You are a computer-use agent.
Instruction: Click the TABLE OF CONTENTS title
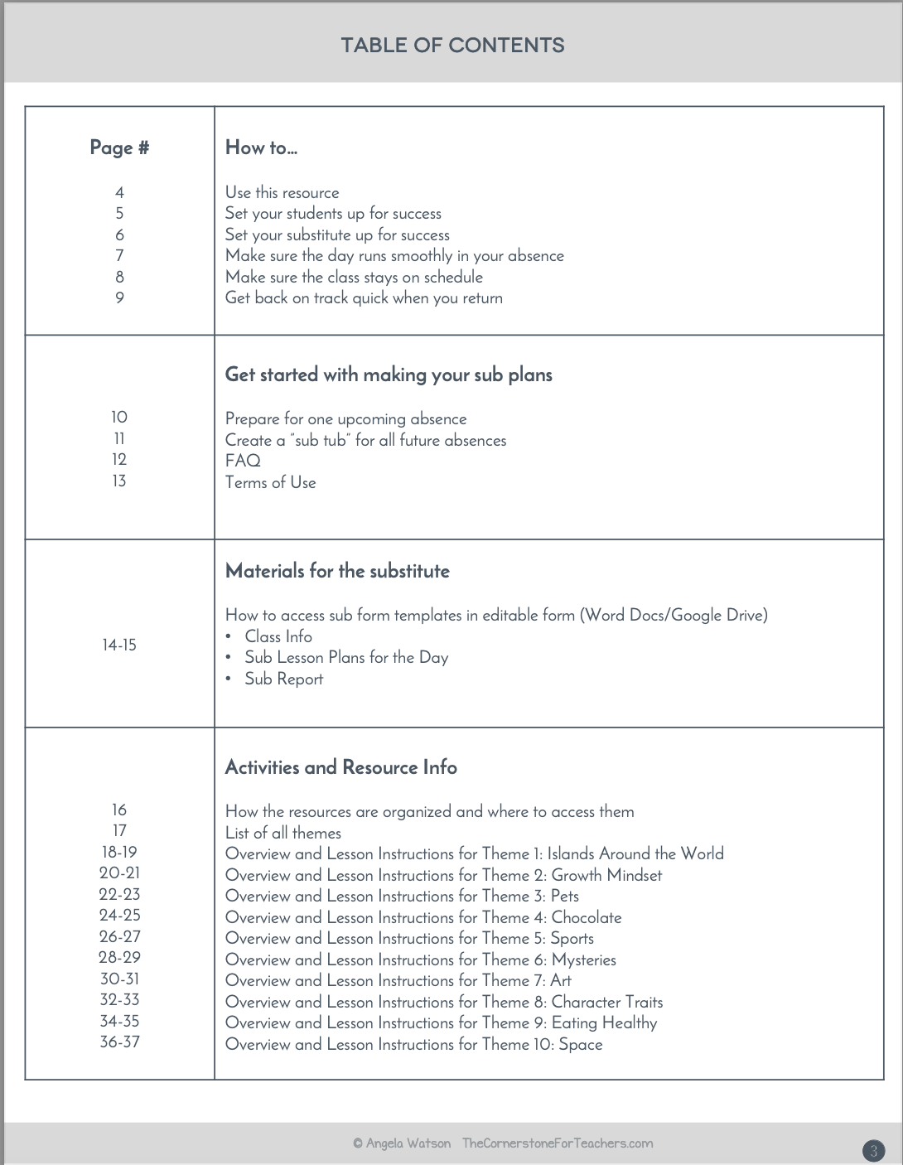click(452, 46)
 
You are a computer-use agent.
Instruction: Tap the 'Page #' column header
click(119, 148)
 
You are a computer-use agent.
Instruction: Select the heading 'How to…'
click(261, 148)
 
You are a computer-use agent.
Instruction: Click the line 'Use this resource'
click(282, 193)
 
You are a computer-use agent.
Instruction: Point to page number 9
click(119, 298)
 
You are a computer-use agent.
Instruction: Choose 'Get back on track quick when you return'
click(364, 298)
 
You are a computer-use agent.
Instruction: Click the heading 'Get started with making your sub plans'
click(389, 375)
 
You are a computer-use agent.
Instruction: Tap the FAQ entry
click(243, 461)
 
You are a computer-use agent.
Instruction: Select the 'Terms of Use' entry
click(270, 482)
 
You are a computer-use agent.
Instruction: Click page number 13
click(119, 481)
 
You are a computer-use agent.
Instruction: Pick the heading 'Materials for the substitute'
click(337, 571)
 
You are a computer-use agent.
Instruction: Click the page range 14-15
click(119, 645)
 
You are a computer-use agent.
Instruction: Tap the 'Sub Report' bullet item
click(283, 679)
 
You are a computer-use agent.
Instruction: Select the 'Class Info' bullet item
click(278, 636)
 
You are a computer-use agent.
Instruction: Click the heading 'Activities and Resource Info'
click(340, 767)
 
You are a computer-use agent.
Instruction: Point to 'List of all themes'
click(282, 833)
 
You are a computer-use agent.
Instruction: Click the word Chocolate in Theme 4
click(587, 917)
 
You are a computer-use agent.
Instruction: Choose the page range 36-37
click(119, 1042)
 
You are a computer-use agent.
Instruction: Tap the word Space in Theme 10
click(581, 1044)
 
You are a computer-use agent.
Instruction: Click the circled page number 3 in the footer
click(873, 1150)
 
